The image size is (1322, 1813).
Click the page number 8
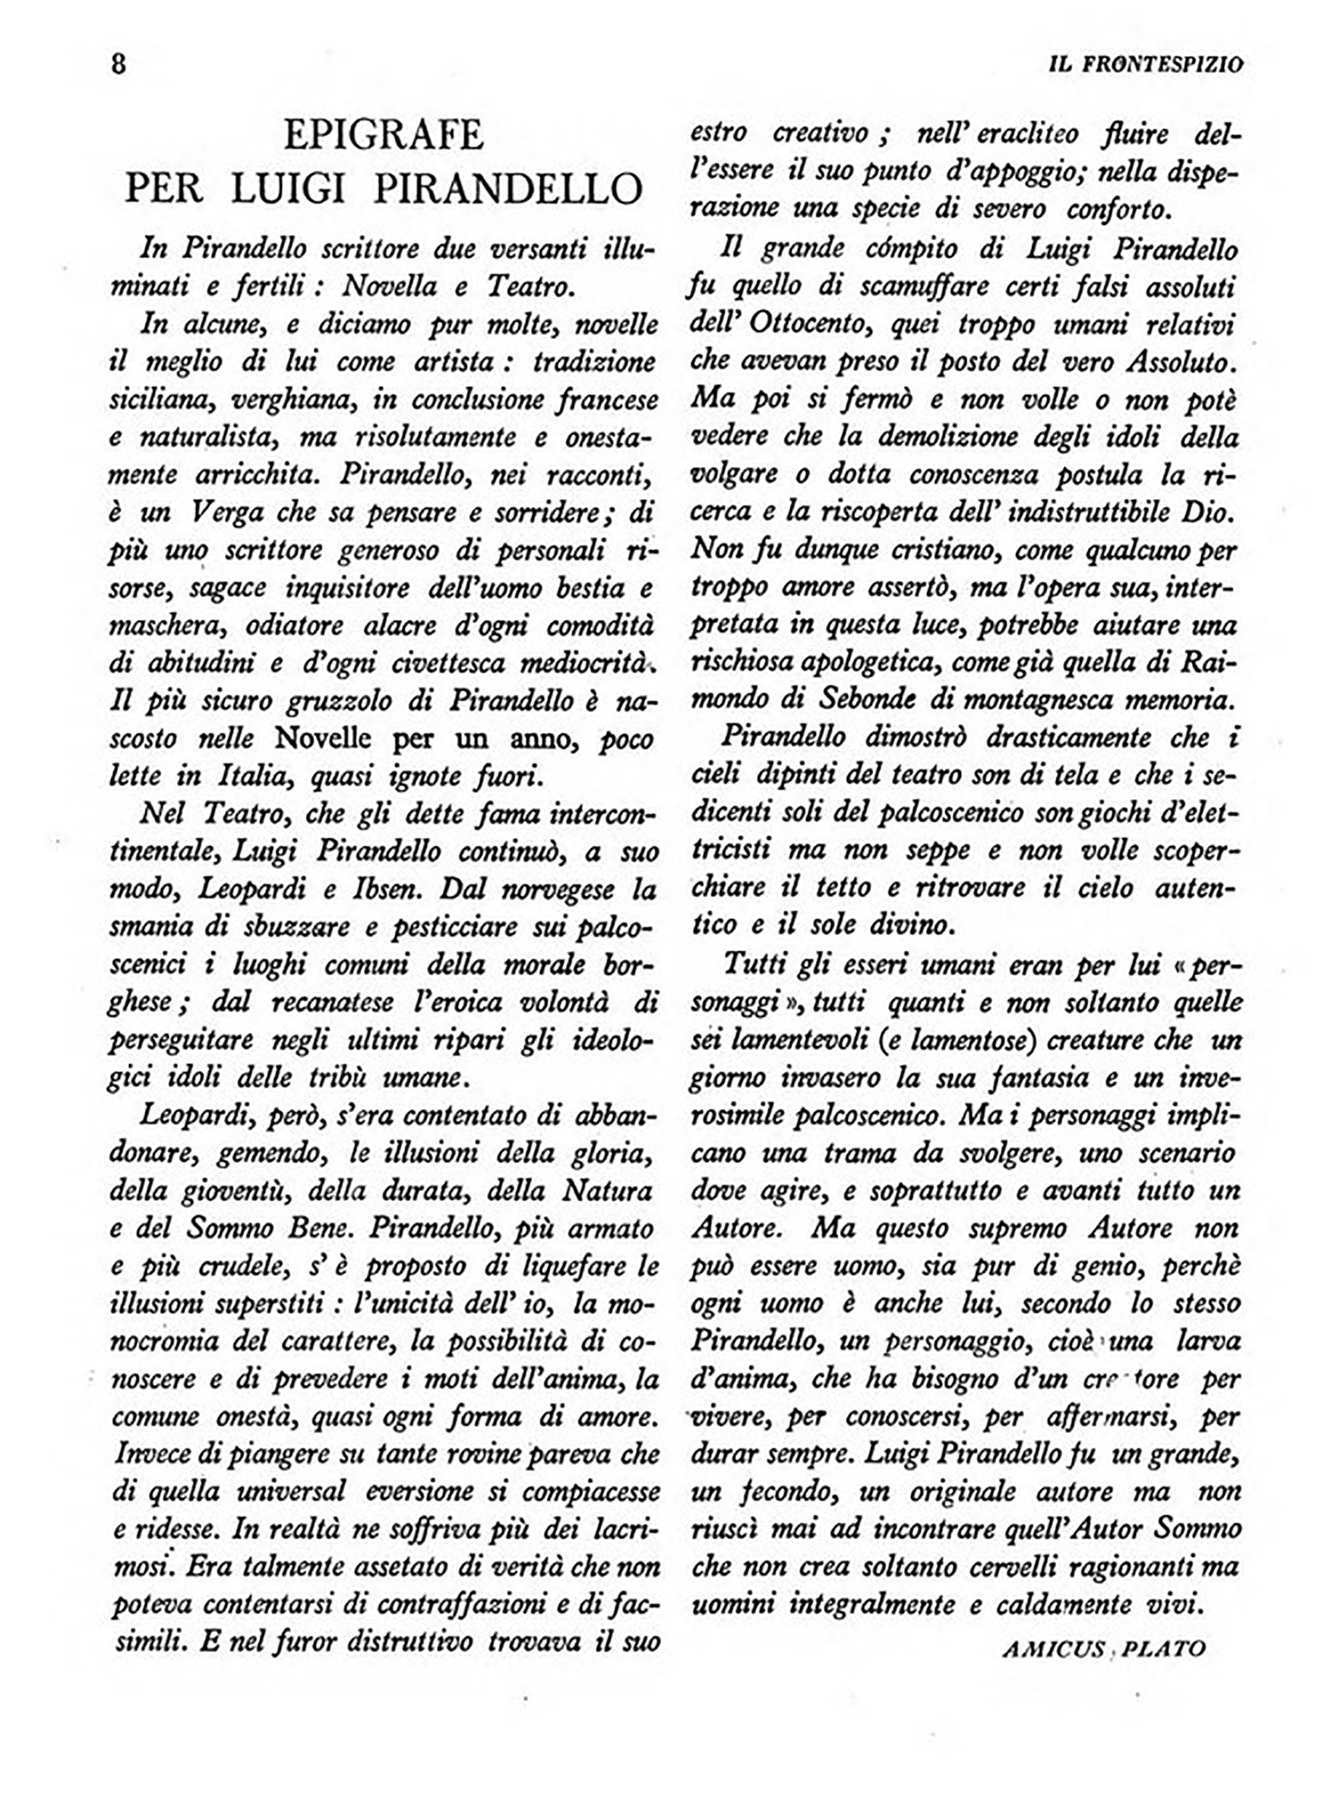tap(119, 64)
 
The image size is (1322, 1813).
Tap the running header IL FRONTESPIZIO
tap(1146, 64)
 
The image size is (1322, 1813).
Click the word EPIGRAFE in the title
tap(384, 135)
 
